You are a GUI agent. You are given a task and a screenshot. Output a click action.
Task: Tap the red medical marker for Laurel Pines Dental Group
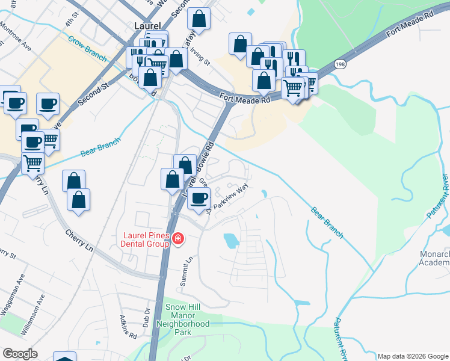click(x=177, y=239)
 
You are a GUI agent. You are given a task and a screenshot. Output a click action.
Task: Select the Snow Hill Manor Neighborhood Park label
click(x=188, y=319)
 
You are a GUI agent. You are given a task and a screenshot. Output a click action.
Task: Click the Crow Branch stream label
click(x=87, y=49)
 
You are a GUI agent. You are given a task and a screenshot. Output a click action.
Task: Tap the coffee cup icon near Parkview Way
click(x=199, y=198)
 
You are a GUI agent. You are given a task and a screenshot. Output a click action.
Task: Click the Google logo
click(x=20, y=353)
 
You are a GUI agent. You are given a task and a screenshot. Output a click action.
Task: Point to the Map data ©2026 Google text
click(x=412, y=356)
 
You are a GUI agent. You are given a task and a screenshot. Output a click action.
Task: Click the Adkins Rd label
click(x=123, y=325)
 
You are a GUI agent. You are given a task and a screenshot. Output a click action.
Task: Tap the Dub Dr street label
click(x=146, y=319)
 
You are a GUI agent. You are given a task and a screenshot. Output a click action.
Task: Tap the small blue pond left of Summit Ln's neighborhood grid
click(x=231, y=241)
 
